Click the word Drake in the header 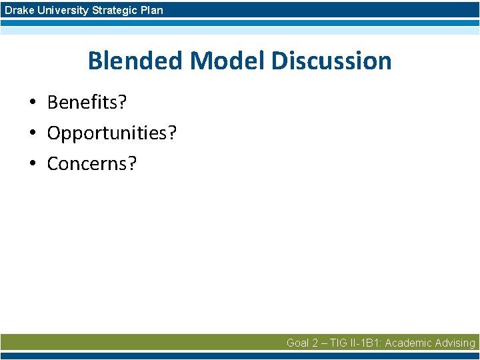[18, 10]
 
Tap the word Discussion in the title [331, 61]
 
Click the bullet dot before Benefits [31, 103]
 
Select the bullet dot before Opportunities [31, 134]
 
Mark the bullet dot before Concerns [31, 164]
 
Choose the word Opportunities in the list [107, 133]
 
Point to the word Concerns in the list [86, 163]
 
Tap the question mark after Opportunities [172, 133]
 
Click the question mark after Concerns [131, 163]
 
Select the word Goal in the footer [297, 343]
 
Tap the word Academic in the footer [407, 343]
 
